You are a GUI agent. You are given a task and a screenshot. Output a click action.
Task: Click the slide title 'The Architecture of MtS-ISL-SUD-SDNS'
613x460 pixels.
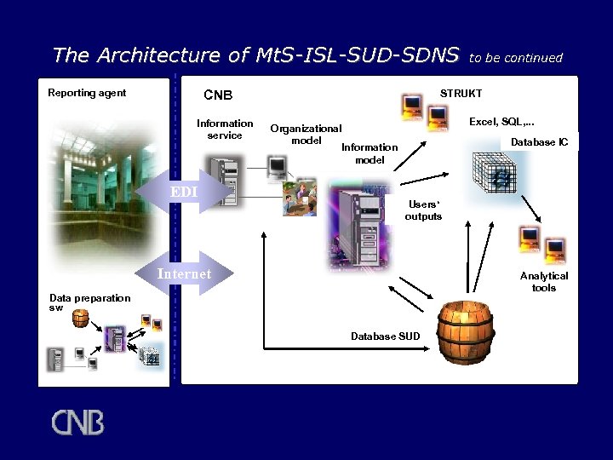click(x=255, y=56)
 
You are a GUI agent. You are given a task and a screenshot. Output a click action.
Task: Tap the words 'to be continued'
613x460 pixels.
click(x=517, y=58)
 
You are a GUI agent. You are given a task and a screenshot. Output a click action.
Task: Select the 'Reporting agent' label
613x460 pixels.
click(x=87, y=93)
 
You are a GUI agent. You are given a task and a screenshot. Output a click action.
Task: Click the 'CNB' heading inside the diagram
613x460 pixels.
click(x=218, y=95)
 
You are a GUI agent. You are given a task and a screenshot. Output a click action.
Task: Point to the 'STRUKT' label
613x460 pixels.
click(x=461, y=93)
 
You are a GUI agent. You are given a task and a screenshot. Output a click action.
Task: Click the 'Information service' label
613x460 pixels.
click(x=225, y=129)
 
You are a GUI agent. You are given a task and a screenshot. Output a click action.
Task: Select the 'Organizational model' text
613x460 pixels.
click(x=306, y=135)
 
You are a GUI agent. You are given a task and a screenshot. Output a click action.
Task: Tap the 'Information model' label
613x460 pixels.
click(x=370, y=153)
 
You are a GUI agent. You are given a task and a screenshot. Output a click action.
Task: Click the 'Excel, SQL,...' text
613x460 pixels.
click(x=507, y=123)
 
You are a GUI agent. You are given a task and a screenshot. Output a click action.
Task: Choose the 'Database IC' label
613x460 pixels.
click(x=540, y=142)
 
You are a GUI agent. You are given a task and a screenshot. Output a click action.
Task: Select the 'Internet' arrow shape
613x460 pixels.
click(x=185, y=273)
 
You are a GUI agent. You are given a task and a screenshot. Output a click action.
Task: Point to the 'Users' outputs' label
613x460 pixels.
click(x=423, y=210)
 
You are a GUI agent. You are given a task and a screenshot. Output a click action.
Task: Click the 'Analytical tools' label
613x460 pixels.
click(x=544, y=282)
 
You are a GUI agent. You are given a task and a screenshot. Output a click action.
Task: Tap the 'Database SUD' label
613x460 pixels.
click(x=385, y=336)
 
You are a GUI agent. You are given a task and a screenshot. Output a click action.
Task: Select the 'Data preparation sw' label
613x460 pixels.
click(x=89, y=302)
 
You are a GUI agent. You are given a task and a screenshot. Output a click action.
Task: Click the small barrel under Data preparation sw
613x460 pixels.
click(x=80, y=319)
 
